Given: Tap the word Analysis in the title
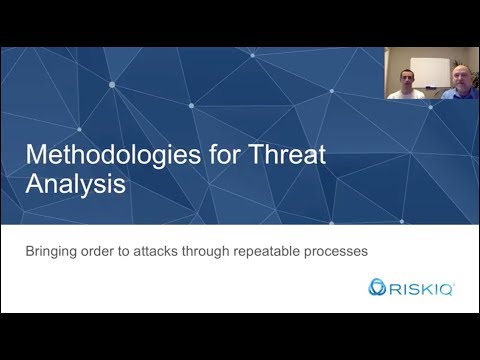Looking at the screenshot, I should click(x=76, y=186).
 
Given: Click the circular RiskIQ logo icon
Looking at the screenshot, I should click(x=377, y=289).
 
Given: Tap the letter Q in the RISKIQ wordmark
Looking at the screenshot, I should click(x=445, y=289).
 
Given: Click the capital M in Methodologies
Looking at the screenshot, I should click(x=37, y=156).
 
